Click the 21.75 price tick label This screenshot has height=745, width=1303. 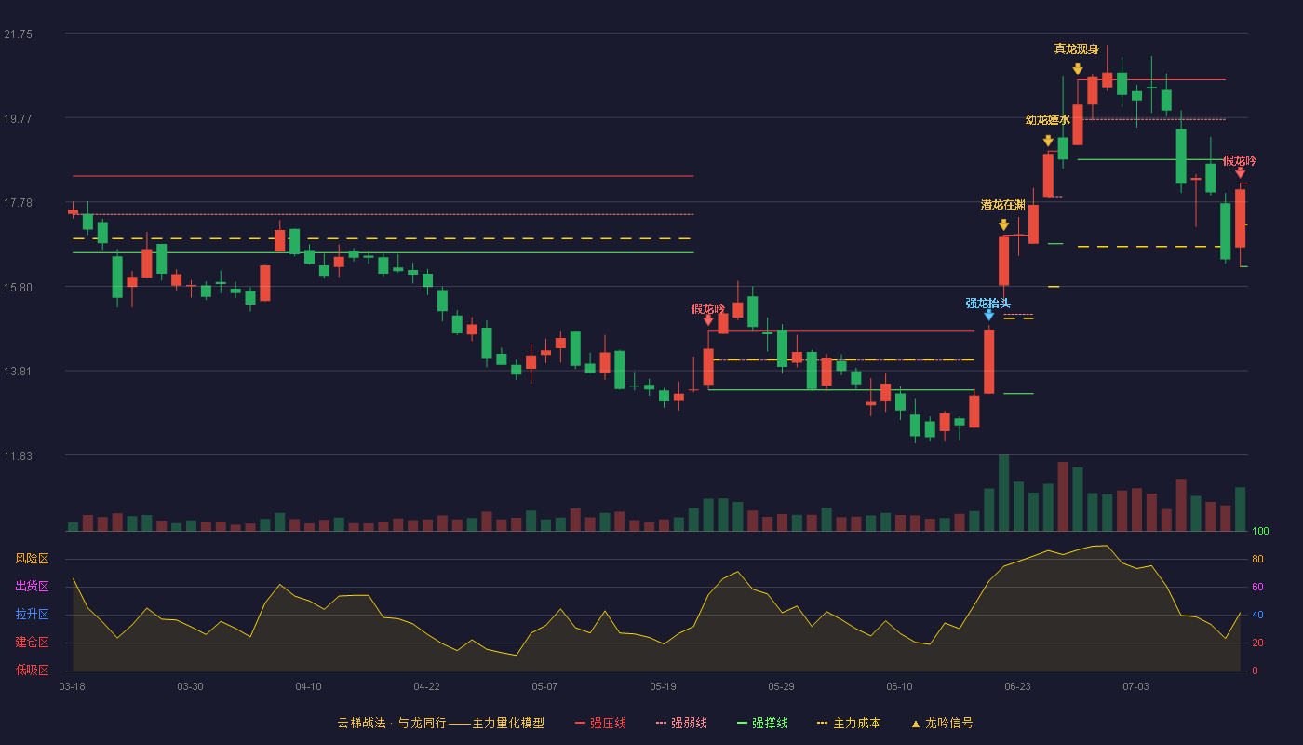[x=18, y=34]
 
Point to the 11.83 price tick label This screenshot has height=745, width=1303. [x=18, y=455]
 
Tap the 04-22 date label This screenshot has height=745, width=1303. [x=426, y=687]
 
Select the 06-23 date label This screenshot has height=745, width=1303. [x=1017, y=687]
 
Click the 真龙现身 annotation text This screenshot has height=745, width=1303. [x=1076, y=48]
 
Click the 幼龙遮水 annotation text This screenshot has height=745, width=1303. [x=1048, y=120]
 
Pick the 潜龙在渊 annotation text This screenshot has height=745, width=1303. [x=1003, y=205]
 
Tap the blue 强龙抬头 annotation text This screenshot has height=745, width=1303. [x=987, y=304]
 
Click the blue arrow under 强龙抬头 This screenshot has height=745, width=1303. [x=988, y=316]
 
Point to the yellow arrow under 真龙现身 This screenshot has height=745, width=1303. [x=1078, y=69]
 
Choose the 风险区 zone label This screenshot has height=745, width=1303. [x=32, y=559]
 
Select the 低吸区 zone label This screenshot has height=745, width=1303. [x=32, y=670]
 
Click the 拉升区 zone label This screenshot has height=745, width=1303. [x=32, y=615]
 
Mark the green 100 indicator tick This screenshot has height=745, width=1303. [x=1260, y=531]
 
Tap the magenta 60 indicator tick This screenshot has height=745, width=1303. [x=1257, y=587]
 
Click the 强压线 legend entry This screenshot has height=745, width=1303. [x=600, y=723]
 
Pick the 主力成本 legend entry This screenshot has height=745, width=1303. [x=849, y=723]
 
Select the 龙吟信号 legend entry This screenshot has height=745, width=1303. [x=942, y=723]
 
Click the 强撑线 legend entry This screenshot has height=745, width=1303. [x=762, y=723]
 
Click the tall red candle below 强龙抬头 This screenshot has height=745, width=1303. [x=988, y=361]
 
